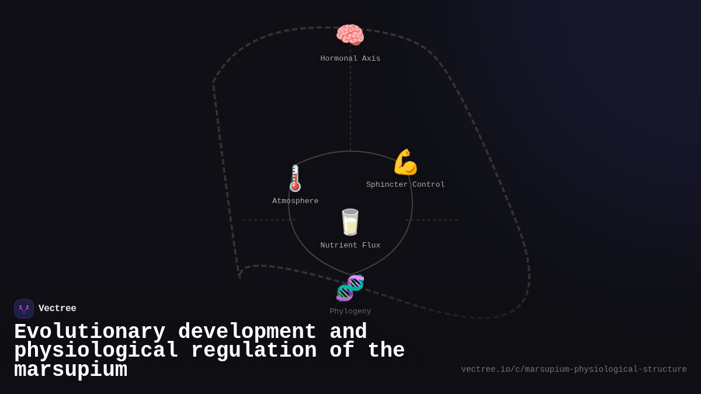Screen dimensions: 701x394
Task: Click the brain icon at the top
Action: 350,35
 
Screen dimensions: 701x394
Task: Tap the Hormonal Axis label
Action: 350,59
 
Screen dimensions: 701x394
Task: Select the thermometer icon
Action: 295,179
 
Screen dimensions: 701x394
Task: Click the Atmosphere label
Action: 295,201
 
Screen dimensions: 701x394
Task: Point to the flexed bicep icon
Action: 405,162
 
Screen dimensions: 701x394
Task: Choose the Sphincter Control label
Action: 405,185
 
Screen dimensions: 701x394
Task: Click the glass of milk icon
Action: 350,222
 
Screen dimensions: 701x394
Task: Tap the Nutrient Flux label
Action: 350,246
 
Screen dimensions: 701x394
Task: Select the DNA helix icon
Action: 350,288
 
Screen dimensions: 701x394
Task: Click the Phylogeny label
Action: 350,312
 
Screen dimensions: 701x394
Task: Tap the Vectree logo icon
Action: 24,309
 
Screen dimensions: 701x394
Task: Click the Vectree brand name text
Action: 57,309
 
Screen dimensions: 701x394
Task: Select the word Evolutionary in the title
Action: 89,332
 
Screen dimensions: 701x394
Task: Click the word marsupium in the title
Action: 71,370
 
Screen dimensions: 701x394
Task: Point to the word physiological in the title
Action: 96,351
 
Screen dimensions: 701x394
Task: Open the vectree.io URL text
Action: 574,369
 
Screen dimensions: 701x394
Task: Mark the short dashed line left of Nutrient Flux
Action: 269,220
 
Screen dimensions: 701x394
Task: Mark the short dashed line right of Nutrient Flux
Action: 432,220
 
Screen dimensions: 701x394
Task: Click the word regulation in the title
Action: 254,351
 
